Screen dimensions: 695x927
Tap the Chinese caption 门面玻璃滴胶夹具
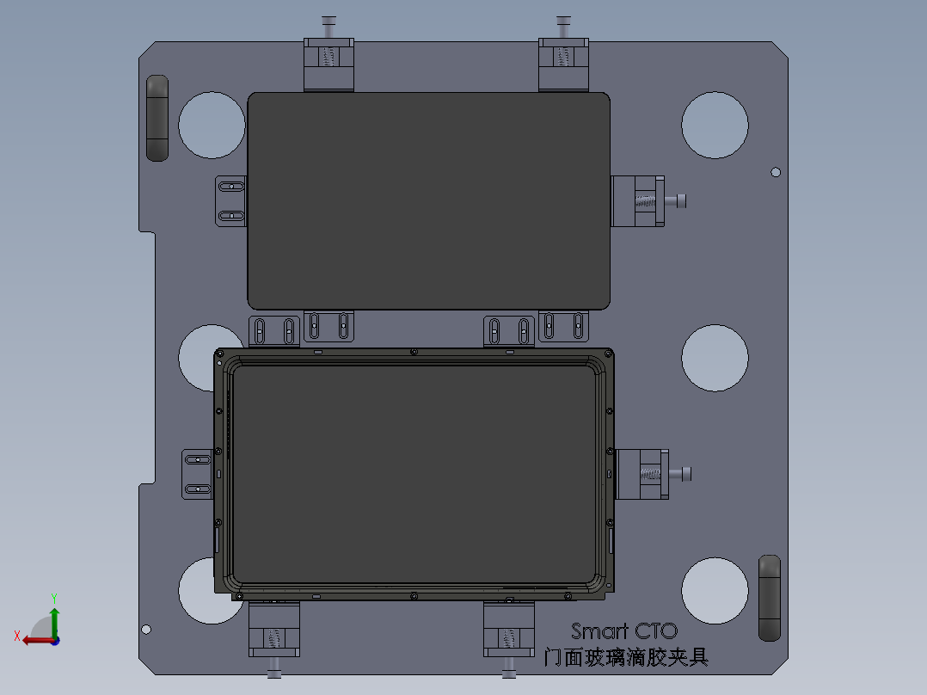pyautogui.click(x=627, y=657)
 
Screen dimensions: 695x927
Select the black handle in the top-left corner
pyautogui.click(x=157, y=118)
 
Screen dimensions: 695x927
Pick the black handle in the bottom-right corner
pyautogui.click(x=769, y=598)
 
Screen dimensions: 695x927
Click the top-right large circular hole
pyautogui.click(x=715, y=126)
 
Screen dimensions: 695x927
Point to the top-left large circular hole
pyautogui.click(x=212, y=126)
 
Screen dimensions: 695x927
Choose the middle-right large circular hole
pyautogui.click(x=715, y=359)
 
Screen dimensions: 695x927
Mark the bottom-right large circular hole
pyautogui.click(x=715, y=590)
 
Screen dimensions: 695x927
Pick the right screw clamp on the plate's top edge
pyautogui.click(x=563, y=60)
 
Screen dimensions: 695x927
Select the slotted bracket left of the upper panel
pyautogui.click(x=230, y=201)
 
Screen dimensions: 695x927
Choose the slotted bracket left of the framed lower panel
pyautogui.click(x=198, y=473)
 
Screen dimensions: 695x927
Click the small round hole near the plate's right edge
pyautogui.click(x=775, y=172)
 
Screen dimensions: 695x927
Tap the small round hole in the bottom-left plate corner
pyautogui.click(x=146, y=629)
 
